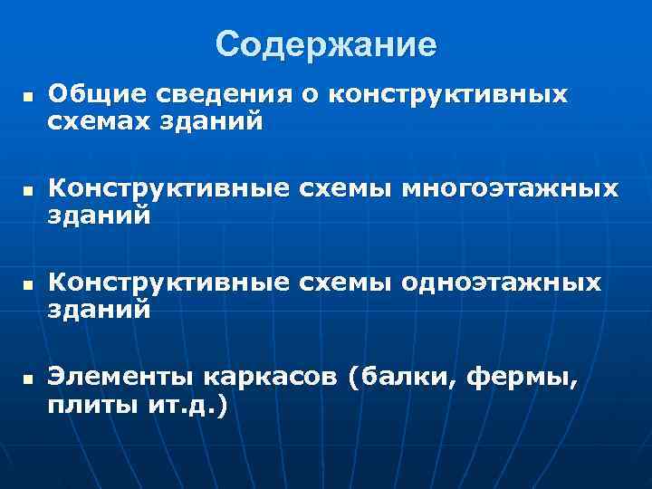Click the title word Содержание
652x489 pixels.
tap(326, 44)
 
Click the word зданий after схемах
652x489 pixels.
tap(214, 120)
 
